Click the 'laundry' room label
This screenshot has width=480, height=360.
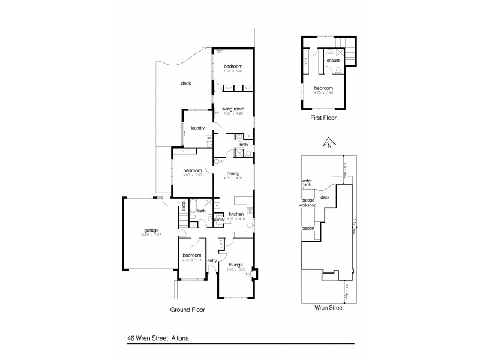198,128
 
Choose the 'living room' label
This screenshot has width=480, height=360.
232,109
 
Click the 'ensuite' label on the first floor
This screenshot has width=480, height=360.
334,61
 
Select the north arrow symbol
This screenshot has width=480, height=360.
328,142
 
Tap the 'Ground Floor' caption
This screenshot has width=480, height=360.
188,310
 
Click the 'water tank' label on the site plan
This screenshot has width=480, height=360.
307,182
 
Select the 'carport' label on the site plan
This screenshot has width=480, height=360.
308,228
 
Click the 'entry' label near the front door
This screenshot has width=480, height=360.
211,260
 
